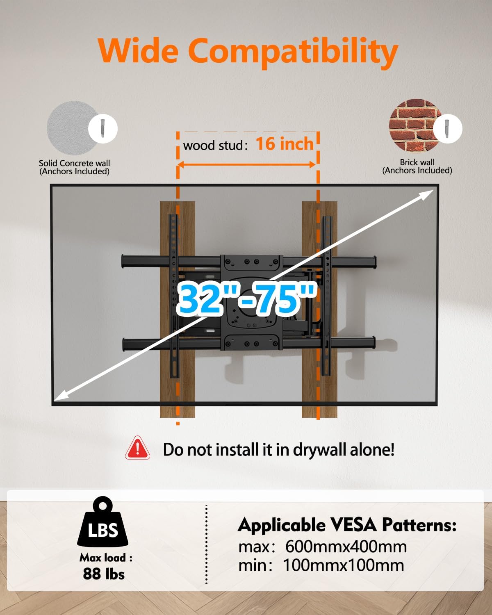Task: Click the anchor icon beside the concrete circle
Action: tap(103, 128)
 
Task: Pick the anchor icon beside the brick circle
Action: tap(448, 128)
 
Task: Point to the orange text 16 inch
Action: tap(285, 144)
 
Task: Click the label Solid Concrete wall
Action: tap(74, 163)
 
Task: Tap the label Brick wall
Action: tap(417, 162)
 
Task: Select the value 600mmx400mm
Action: tap(346, 547)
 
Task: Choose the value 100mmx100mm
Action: tap(344, 565)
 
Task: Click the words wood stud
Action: tap(213, 146)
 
